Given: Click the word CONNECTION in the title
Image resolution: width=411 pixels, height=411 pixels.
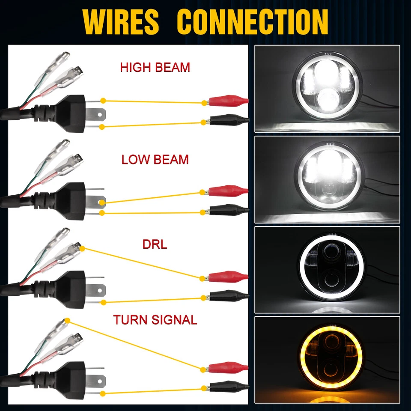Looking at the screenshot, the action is tap(253, 21).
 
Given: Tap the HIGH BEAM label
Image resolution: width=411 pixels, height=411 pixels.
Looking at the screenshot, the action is tap(155, 68).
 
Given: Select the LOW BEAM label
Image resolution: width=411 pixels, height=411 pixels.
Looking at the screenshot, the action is tap(155, 160).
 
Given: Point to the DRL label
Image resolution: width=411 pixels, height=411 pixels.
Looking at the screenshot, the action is tap(155, 244).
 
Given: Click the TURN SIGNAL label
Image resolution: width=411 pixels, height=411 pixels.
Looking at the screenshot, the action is tap(155, 320).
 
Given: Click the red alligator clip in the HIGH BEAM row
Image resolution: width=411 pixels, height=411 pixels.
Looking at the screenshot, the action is tap(227, 102).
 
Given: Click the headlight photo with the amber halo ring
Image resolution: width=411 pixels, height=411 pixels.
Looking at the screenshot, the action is tap(327, 360).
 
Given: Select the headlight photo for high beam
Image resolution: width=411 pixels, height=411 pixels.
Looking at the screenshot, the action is tap(327, 89).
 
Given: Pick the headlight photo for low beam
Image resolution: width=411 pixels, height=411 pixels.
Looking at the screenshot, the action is tap(327, 179).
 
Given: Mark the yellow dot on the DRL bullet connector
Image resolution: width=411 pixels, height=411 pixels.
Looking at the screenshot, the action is tap(81, 248).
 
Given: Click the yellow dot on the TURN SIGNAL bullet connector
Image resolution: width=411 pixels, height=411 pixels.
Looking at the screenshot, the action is tap(67, 320).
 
